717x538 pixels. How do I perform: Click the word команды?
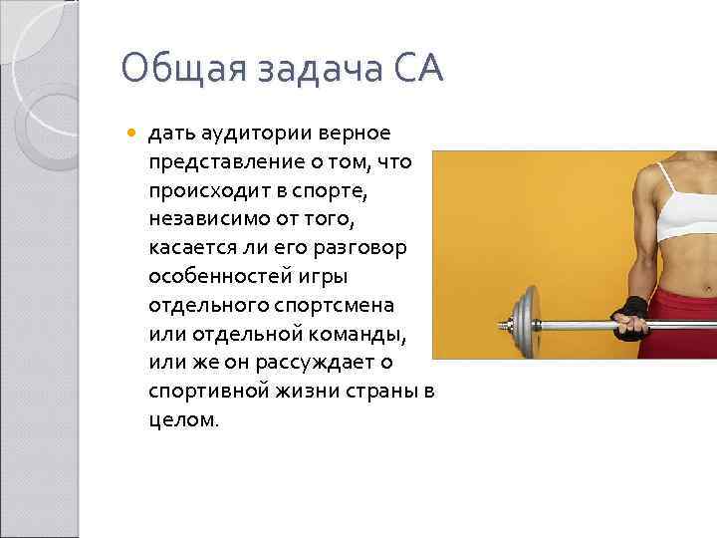click(374, 332)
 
